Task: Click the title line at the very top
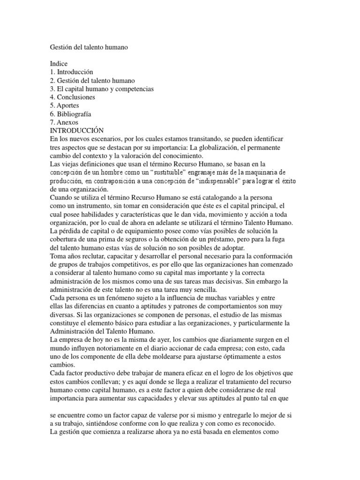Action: tap(89, 47)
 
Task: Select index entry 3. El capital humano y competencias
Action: tap(102, 89)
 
